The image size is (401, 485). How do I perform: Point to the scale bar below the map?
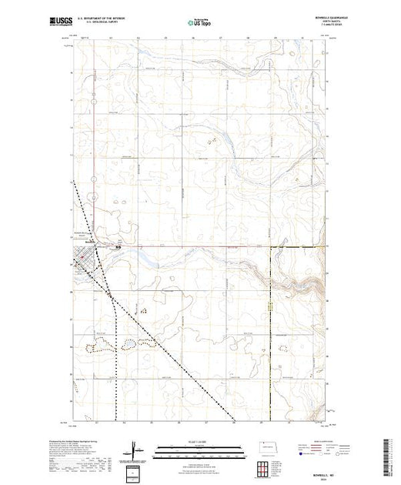coord(189,447)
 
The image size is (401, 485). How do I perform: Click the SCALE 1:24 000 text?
coord(189,440)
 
